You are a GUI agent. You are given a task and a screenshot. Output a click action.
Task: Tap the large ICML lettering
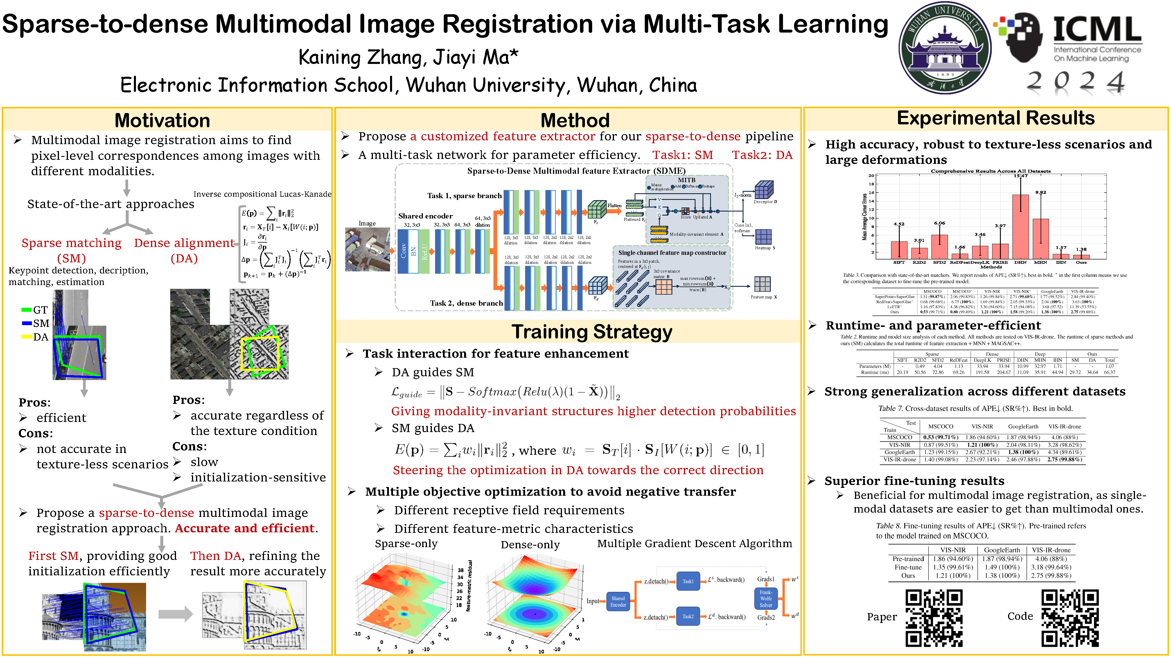(x=1097, y=30)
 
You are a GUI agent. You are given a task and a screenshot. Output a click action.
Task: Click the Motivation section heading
(x=162, y=121)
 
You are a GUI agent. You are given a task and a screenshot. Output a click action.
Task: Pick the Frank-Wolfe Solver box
(x=766, y=599)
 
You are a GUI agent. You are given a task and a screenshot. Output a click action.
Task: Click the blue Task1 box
(x=688, y=581)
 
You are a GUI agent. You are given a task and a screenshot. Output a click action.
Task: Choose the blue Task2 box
(x=688, y=616)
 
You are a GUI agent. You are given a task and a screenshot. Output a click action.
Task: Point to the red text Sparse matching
(x=71, y=243)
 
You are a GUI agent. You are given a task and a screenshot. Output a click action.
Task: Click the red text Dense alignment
(x=184, y=243)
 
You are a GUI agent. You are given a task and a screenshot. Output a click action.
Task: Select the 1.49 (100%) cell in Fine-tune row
(x=1002, y=567)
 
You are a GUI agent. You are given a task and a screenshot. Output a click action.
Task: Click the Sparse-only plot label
(x=406, y=544)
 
